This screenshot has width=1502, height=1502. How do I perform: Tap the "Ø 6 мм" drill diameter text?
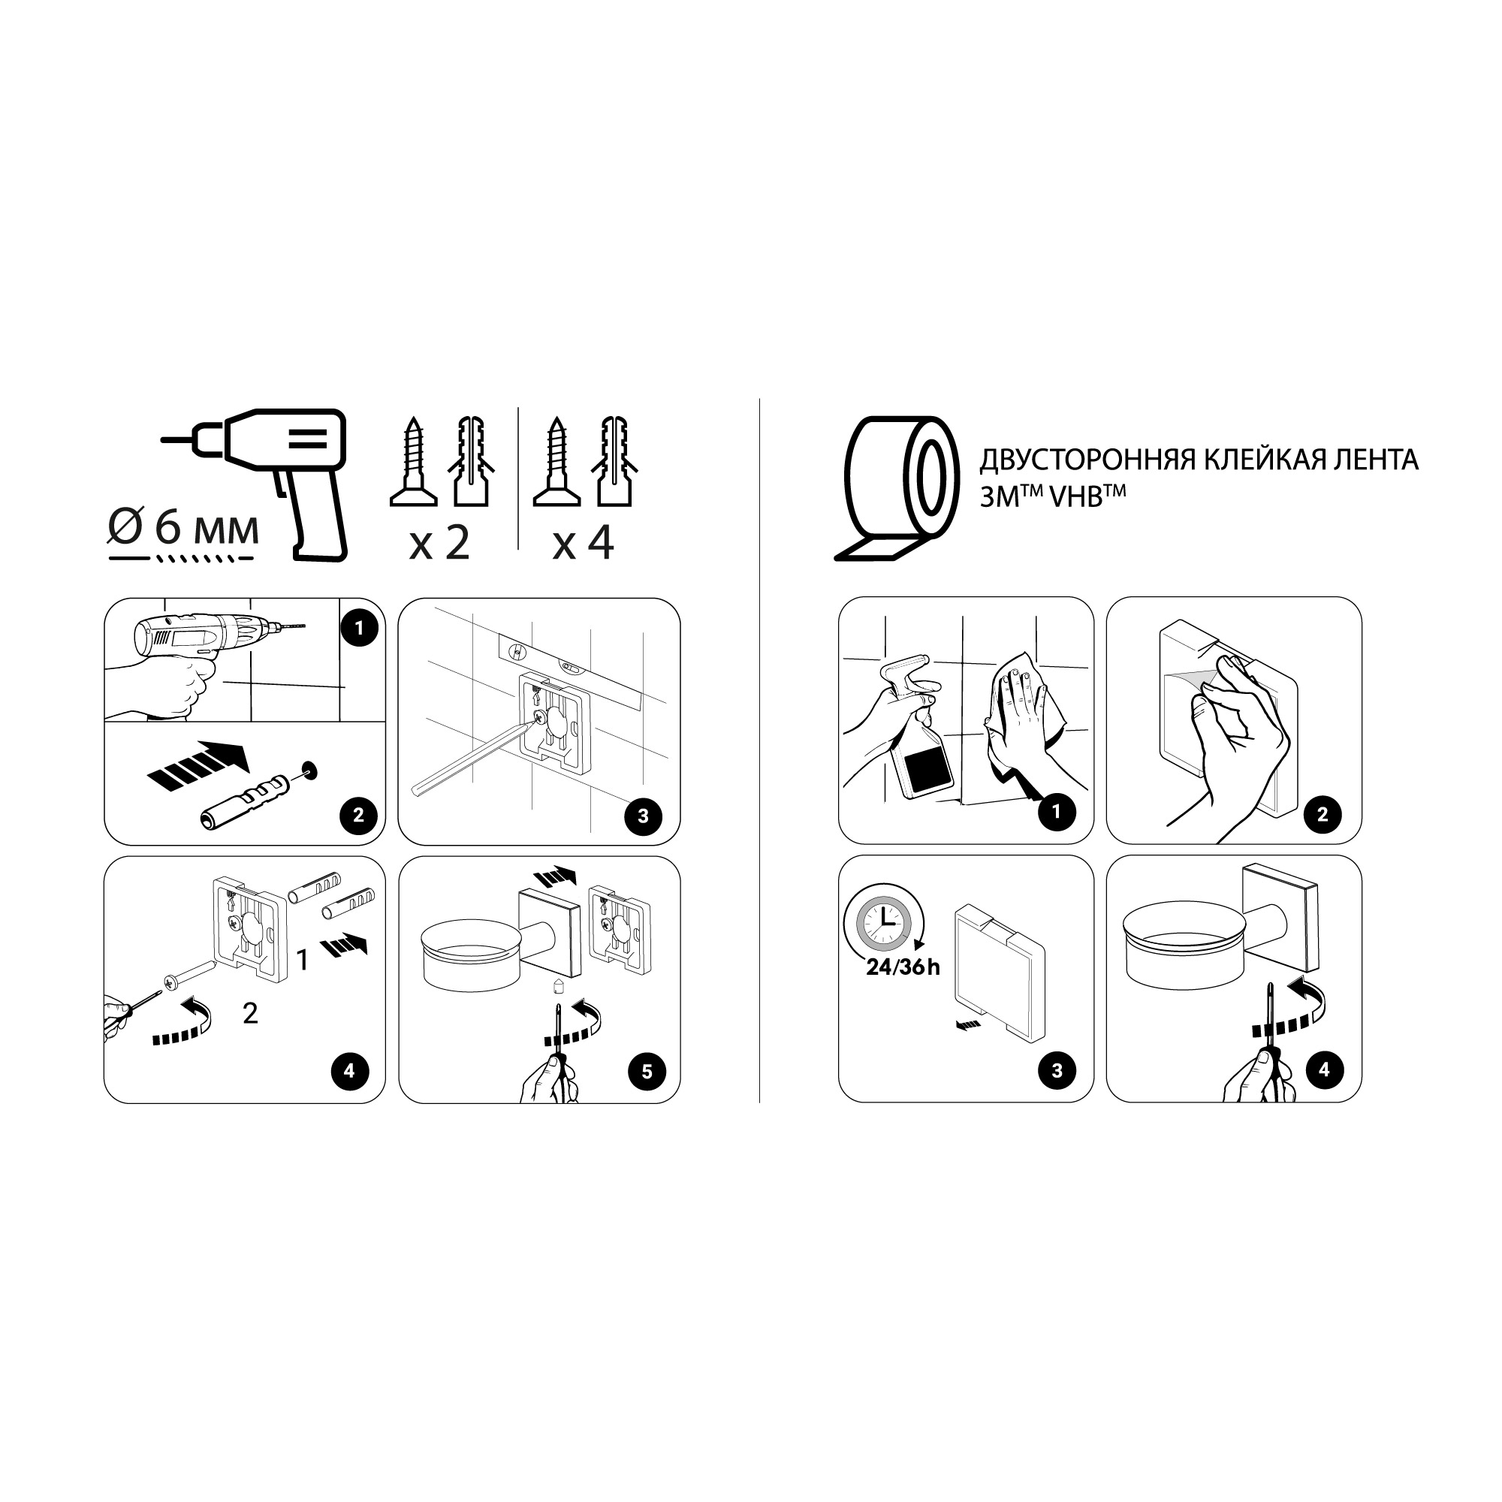click(183, 528)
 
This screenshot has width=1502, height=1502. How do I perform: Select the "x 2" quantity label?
click(439, 542)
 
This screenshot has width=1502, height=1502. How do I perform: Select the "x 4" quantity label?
click(583, 542)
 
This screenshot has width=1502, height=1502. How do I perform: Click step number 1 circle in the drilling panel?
click(359, 627)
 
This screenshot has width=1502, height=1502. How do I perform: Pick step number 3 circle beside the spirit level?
click(643, 816)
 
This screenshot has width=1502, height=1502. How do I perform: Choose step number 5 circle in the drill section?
click(647, 1072)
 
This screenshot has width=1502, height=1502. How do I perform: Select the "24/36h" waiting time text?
click(903, 967)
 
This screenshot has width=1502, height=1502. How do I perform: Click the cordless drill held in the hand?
click(206, 635)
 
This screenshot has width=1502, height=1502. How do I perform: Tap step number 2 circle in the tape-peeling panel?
click(1323, 815)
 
